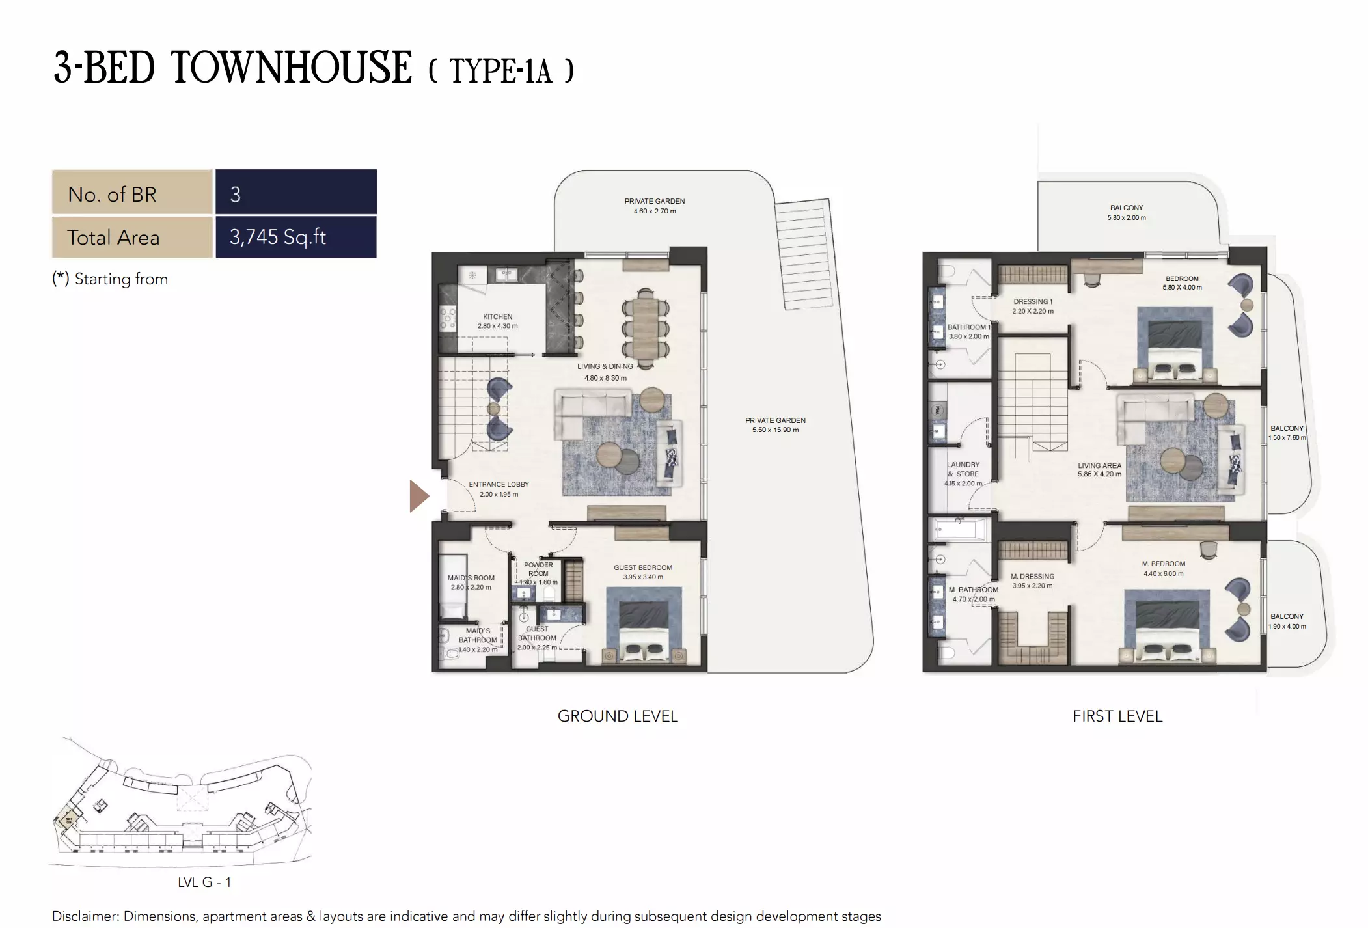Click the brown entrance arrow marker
click(x=418, y=496)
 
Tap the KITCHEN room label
click(x=497, y=317)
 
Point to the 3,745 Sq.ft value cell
click(x=296, y=237)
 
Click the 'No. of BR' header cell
click(x=132, y=193)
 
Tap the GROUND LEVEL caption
click(x=618, y=716)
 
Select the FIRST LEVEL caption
click(x=1117, y=716)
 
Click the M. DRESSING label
click(x=1032, y=577)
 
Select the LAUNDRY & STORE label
click(x=963, y=469)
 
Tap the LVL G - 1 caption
click(x=204, y=882)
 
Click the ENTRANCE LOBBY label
click(x=499, y=485)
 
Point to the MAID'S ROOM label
click(x=471, y=578)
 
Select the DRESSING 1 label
click(x=1032, y=302)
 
